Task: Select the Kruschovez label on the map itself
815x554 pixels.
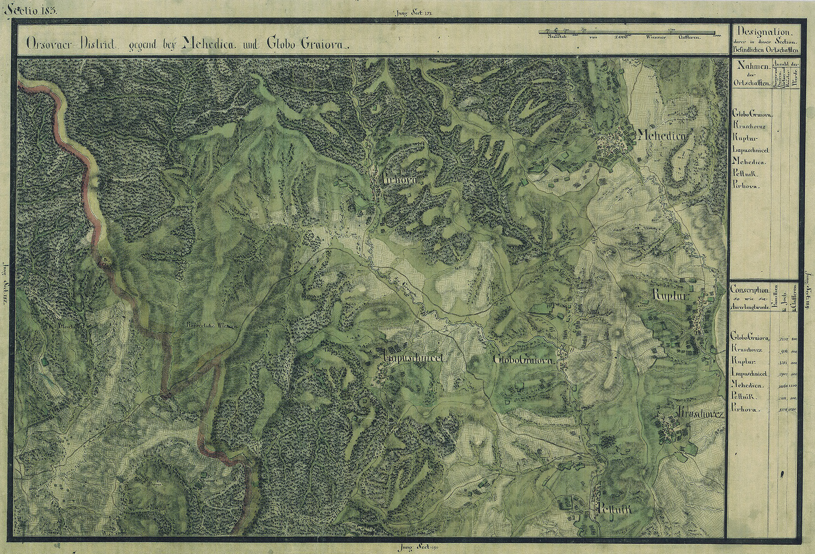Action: [x=700, y=414]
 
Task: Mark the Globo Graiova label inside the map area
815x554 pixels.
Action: [x=525, y=359]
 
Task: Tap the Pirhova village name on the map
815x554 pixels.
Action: [x=399, y=180]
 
